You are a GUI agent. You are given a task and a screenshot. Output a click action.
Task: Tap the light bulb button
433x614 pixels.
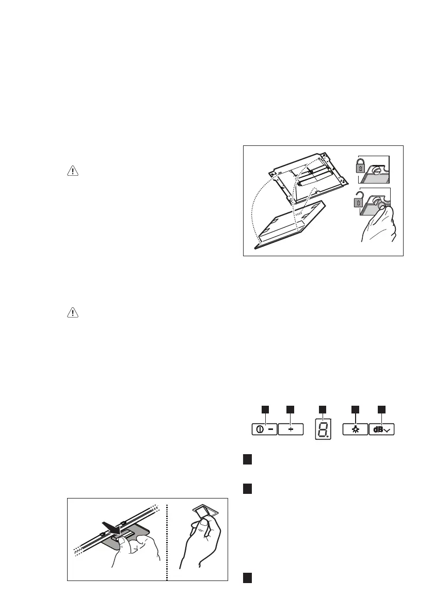tap(356, 429)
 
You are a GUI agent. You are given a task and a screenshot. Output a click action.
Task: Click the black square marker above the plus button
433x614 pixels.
tap(291, 409)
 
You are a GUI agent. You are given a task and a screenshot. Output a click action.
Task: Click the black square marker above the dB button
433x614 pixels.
tap(382, 409)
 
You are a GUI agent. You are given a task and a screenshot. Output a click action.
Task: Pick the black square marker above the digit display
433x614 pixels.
tap(323, 409)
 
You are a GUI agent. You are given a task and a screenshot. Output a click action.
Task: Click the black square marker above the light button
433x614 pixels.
tap(356, 409)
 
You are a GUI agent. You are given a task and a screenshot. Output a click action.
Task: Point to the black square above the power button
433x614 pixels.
tap(265, 409)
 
